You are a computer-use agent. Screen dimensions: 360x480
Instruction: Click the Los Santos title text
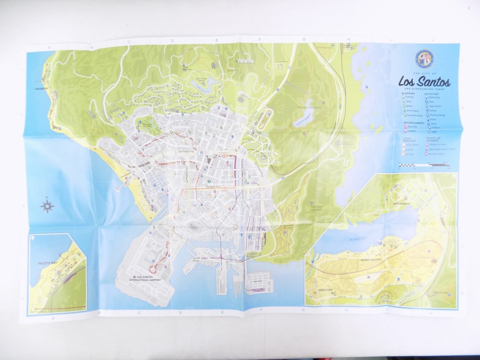point(424,82)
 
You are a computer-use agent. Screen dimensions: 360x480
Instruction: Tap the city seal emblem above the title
point(424,59)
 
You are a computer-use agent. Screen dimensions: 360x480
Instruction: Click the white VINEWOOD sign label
point(245,61)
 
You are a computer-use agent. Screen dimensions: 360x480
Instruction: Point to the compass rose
point(47,206)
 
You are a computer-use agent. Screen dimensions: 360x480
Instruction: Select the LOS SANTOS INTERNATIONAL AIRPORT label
point(145,278)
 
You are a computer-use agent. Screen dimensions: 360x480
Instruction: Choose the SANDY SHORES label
point(371,260)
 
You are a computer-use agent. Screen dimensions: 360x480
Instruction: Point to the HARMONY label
point(326,290)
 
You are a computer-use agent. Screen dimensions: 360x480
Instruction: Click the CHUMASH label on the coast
point(41,89)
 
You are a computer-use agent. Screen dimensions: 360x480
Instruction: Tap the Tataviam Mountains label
point(309,108)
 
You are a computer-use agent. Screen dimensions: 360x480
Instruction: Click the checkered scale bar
point(424,165)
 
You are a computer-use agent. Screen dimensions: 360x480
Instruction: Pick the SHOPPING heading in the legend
point(409,93)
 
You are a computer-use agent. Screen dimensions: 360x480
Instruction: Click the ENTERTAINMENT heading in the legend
point(414,123)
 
